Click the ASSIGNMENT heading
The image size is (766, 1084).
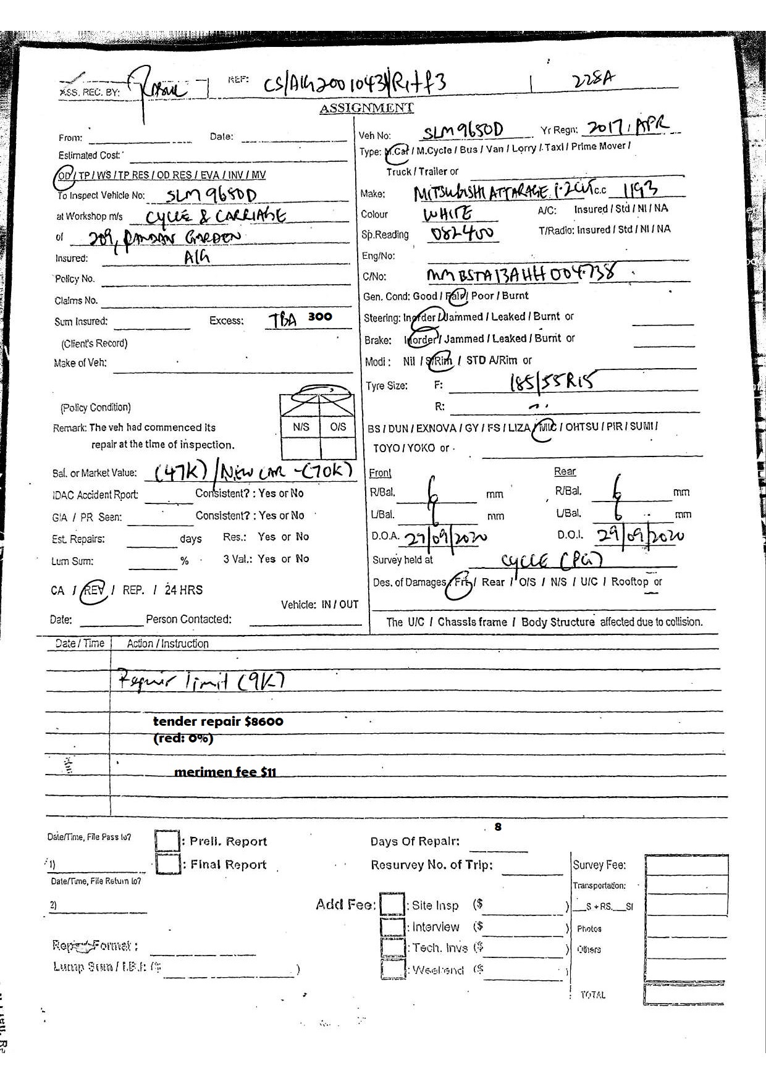(366, 108)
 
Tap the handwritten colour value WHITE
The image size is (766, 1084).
(448, 214)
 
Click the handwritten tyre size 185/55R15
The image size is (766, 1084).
(552, 382)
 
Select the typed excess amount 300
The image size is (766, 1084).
(320, 316)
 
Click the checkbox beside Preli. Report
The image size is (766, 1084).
(167, 841)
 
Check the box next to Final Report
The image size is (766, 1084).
(167, 863)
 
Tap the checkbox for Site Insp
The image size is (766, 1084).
(392, 905)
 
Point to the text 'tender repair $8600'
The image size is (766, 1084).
(218, 721)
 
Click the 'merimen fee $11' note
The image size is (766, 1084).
(225, 771)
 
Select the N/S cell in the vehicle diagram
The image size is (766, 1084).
(301, 427)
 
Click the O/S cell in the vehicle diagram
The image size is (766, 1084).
(338, 427)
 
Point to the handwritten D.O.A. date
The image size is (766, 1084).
(445, 537)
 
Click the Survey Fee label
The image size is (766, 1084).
(599, 865)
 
